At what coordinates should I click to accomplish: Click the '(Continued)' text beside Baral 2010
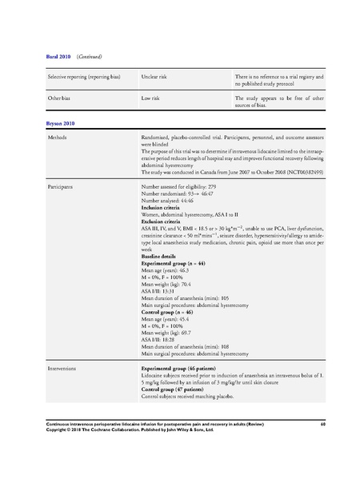click(x=89, y=57)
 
